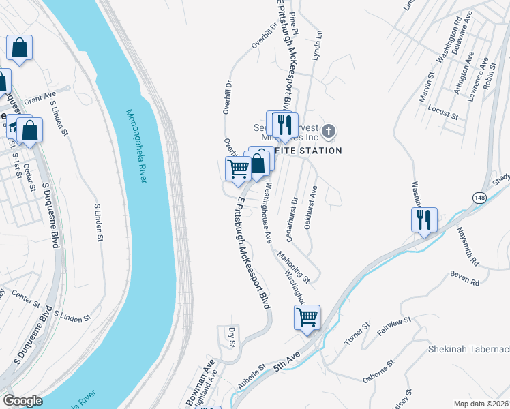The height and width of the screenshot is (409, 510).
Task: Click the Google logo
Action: [22, 401]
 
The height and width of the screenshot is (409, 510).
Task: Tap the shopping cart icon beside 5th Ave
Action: [307, 317]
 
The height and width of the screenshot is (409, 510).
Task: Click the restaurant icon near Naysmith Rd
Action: [424, 219]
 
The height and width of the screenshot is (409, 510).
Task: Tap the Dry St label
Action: [232, 337]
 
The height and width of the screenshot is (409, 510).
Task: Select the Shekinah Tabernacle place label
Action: [468, 350]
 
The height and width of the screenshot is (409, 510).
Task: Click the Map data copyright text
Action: [481, 404]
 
